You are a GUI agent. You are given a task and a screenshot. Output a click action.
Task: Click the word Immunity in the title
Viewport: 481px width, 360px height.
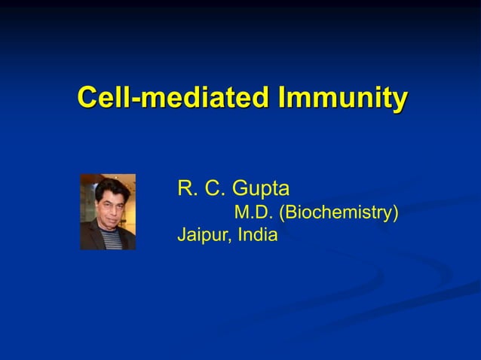point(343,98)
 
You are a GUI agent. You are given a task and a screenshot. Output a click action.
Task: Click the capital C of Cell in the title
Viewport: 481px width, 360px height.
point(87,98)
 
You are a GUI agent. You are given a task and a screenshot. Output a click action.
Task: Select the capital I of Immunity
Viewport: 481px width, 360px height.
point(282,98)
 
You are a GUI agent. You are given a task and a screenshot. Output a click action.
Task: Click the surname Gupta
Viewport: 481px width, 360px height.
point(262,189)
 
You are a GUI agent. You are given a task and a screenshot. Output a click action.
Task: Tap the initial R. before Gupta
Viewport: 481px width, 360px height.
point(185,188)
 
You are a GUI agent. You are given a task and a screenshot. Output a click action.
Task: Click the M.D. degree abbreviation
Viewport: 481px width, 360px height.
point(254,212)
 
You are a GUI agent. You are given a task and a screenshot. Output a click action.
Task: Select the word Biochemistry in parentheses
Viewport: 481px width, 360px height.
point(339,213)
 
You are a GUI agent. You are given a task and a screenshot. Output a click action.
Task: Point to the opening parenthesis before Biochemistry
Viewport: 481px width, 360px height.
point(282,213)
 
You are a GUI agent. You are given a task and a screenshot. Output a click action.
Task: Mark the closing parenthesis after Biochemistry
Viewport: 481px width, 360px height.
point(395,213)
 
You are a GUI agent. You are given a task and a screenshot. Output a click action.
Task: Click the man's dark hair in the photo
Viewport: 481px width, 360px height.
point(109,189)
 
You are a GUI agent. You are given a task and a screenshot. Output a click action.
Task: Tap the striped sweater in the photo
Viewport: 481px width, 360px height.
point(112,240)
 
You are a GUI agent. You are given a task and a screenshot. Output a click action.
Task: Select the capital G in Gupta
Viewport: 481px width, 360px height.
point(241,188)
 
